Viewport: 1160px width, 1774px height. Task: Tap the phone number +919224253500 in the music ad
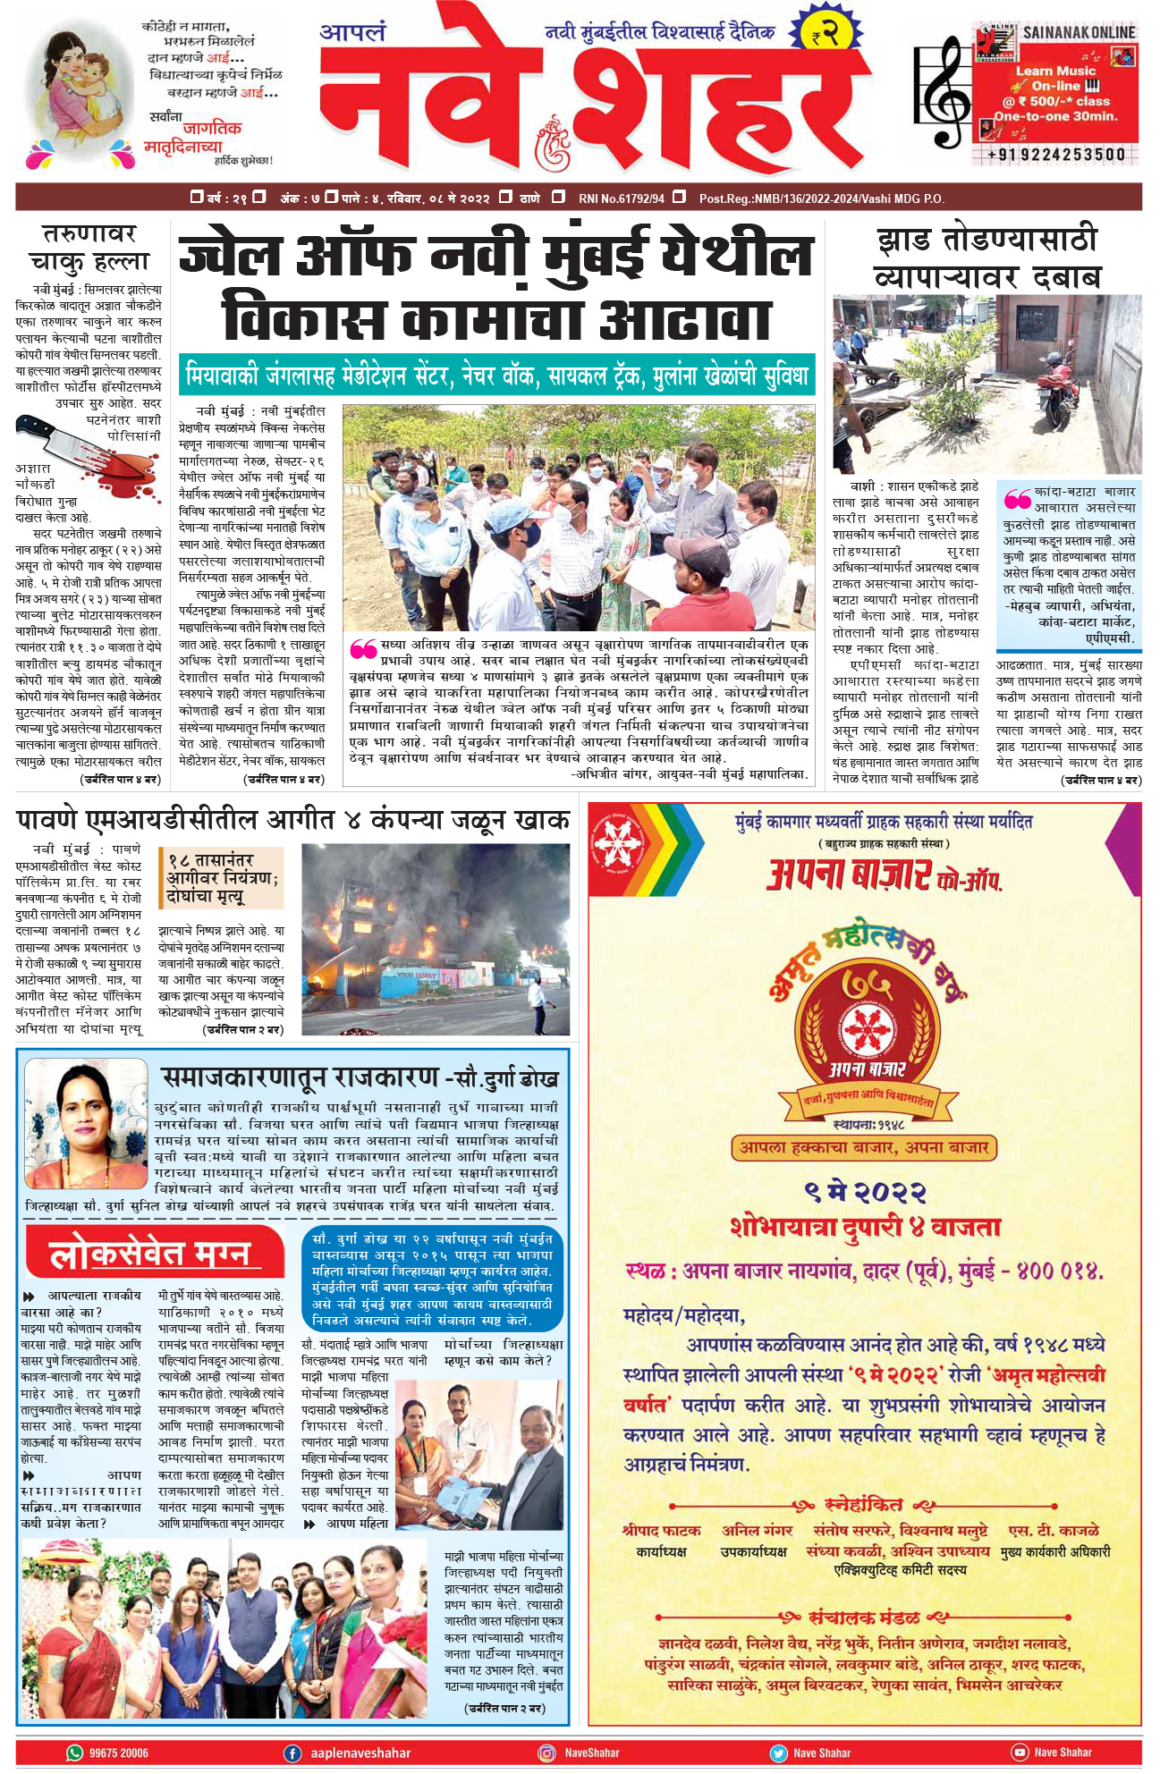pyautogui.click(x=1055, y=154)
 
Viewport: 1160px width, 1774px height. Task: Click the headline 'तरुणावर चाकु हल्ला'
pyautogui.click(x=89, y=248)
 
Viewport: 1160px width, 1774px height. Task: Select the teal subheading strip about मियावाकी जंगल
pyautogui.click(x=496, y=376)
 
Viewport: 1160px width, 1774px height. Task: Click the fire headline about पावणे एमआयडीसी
pyautogui.click(x=292, y=819)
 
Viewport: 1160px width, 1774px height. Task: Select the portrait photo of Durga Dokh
pyautogui.click(x=86, y=1128)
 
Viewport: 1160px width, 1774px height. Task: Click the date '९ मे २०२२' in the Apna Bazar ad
pyautogui.click(x=865, y=1192)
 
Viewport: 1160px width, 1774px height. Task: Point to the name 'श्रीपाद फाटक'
pyautogui.click(x=661, y=1531)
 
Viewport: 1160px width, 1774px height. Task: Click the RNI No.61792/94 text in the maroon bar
pyautogui.click(x=621, y=198)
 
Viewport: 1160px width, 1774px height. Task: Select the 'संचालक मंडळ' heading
pyautogui.click(x=863, y=1618)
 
